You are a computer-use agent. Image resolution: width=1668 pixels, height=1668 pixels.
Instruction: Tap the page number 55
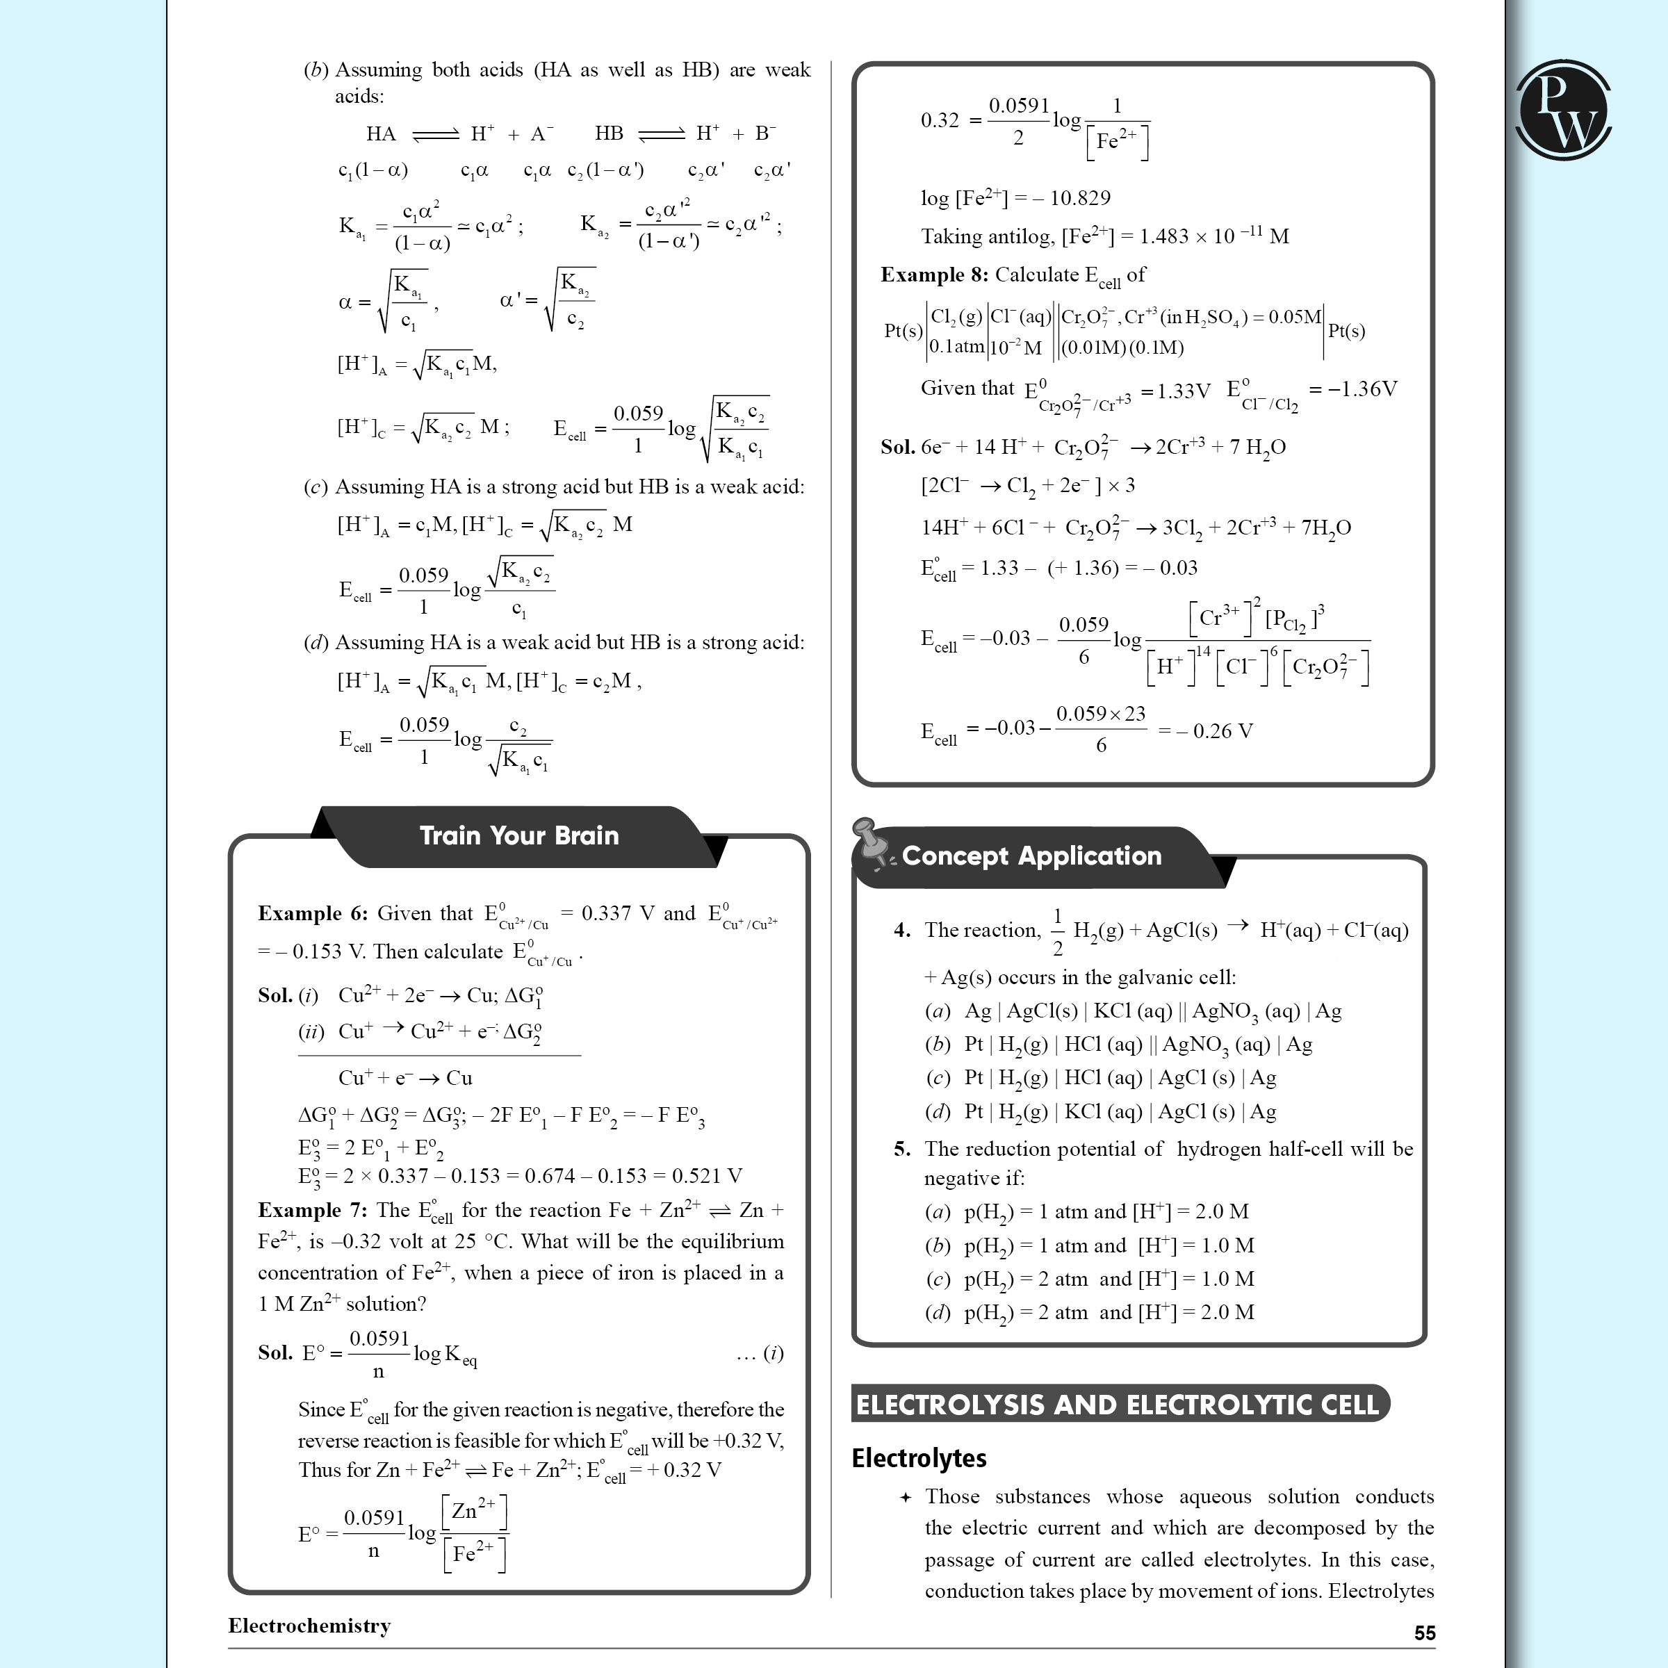coord(1425,1633)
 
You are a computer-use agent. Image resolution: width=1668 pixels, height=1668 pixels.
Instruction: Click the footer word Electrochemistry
coord(309,1626)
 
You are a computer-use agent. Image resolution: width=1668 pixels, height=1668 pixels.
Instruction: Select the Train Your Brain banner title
coord(519,835)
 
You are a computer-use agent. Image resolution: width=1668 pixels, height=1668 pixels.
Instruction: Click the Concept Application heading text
coord(1031,856)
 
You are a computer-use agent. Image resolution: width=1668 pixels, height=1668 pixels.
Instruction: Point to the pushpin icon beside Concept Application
coord(870,842)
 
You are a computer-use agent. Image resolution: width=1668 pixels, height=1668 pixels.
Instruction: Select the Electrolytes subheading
coord(919,1458)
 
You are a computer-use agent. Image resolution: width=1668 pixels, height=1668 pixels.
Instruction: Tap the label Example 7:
coord(313,1211)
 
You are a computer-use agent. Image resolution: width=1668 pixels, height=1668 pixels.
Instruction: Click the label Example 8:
coord(934,275)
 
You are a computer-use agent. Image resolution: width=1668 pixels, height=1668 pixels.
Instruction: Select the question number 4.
coord(902,930)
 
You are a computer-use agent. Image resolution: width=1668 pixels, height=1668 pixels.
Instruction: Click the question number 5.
coord(902,1149)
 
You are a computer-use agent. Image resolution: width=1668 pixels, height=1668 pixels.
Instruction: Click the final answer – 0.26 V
coord(1215,731)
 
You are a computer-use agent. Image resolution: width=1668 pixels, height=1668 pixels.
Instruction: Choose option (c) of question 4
coord(938,1077)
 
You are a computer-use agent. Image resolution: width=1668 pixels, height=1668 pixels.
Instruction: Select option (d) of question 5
coord(938,1312)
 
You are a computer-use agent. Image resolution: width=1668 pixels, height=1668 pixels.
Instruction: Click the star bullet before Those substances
coord(905,1497)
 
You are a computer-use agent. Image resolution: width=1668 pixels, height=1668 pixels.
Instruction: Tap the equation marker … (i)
coord(760,1353)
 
